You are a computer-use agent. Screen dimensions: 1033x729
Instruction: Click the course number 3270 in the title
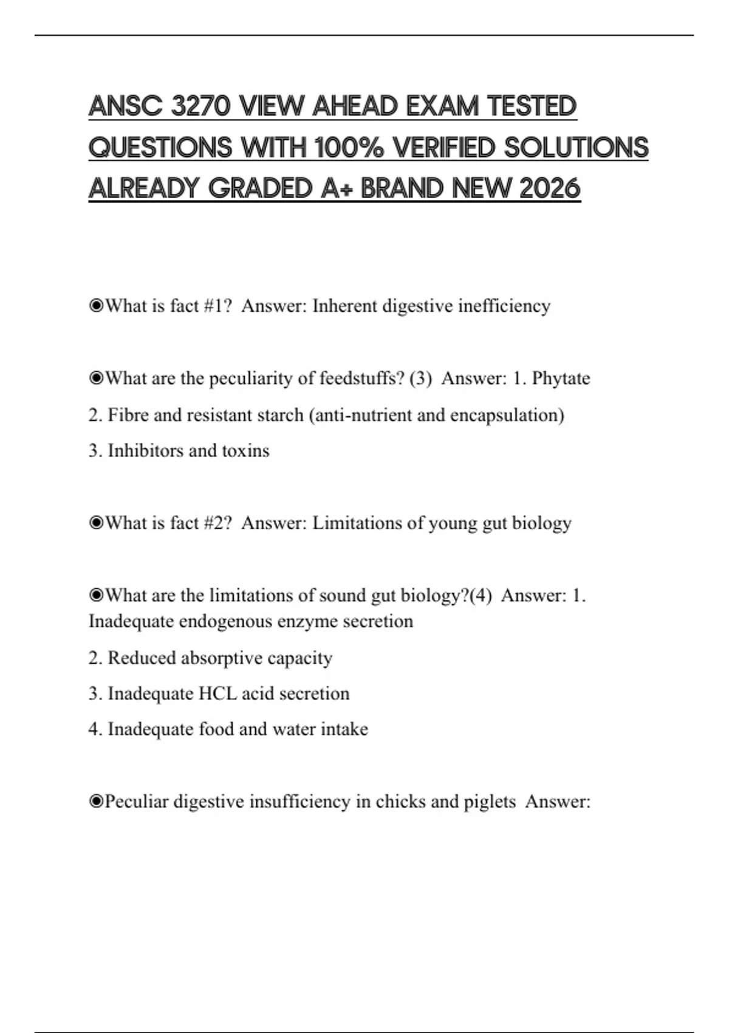point(200,106)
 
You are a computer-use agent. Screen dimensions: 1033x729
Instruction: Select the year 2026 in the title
point(550,188)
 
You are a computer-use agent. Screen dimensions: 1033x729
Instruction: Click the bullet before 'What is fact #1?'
point(96,306)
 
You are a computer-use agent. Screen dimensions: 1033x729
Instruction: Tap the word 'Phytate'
point(561,378)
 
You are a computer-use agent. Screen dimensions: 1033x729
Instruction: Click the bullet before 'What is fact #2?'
point(96,523)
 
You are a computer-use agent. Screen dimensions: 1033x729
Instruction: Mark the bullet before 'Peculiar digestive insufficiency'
point(96,801)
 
